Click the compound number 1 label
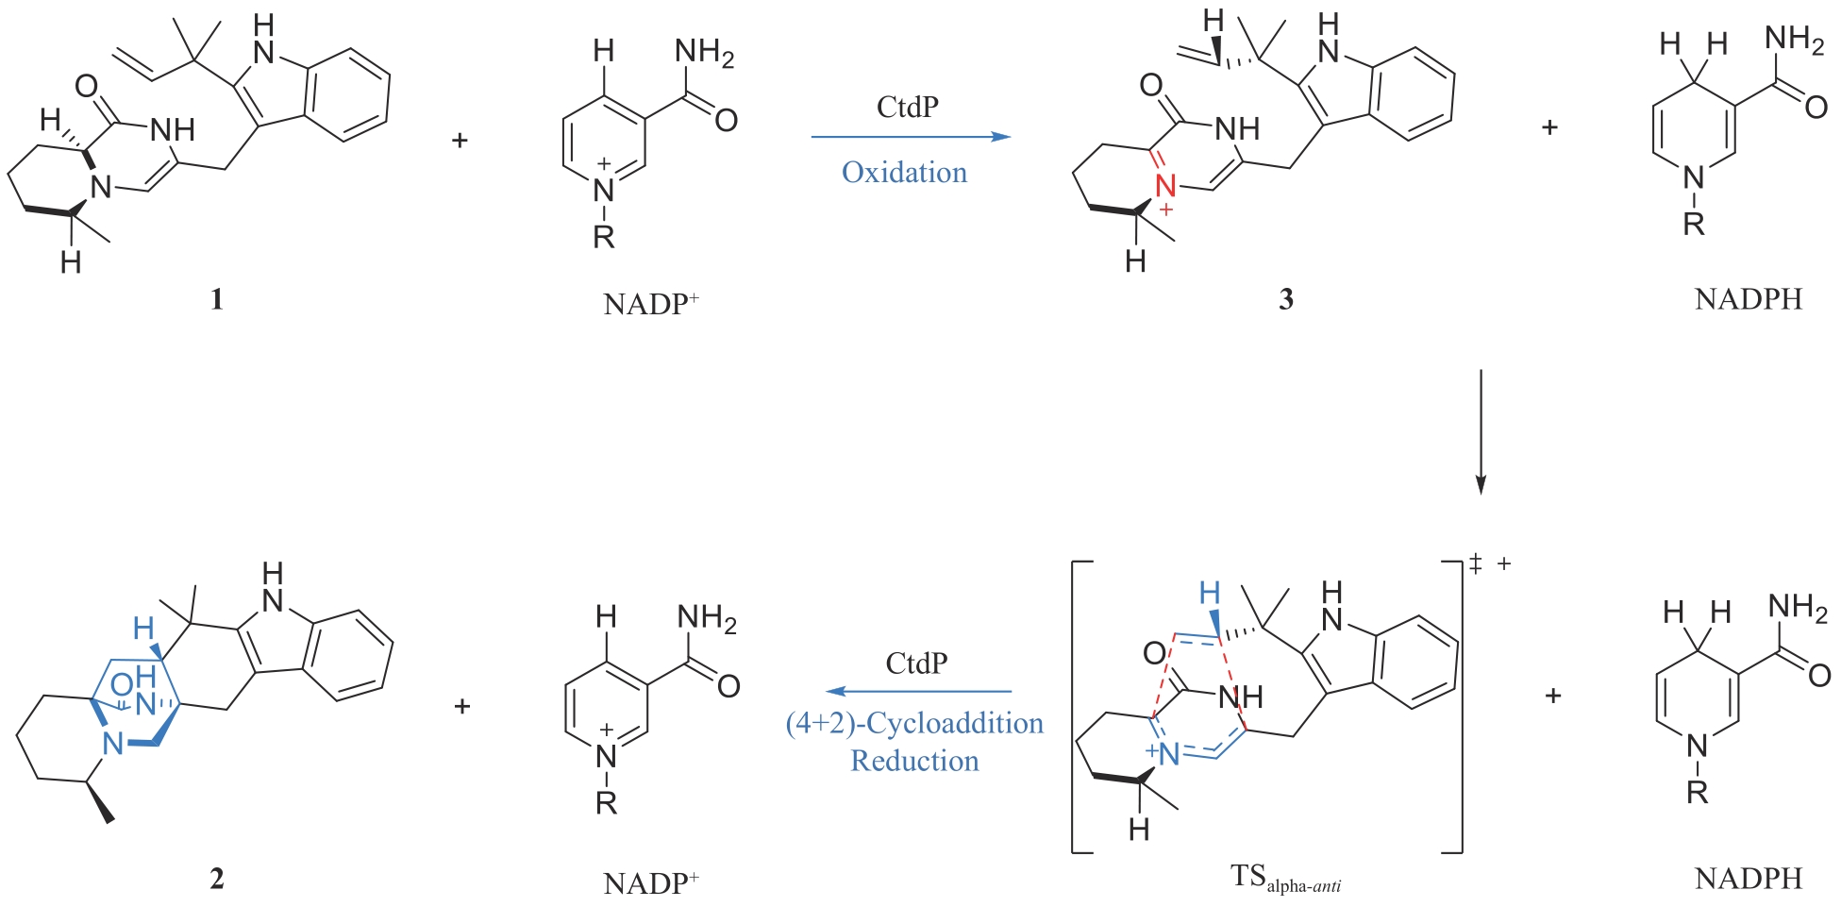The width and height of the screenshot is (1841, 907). [217, 299]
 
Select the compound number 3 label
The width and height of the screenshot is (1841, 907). [1285, 299]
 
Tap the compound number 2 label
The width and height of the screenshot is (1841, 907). [217, 879]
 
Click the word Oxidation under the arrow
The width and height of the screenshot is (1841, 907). [904, 173]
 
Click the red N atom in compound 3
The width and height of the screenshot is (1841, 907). [1166, 186]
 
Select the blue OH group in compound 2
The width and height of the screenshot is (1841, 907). [134, 678]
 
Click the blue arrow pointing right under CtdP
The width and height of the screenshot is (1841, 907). [911, 137]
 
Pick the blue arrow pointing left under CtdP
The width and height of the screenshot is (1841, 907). [918, 692]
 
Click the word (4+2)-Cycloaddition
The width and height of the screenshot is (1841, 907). [914, 724]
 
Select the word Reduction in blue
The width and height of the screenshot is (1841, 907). [914, 761]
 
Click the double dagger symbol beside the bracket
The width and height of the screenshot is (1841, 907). [1476, 564]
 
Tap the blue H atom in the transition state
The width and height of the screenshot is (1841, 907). [1209, 593]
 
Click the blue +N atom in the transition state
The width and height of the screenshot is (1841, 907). [1164, 753]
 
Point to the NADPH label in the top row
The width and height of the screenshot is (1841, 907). [1748, 299]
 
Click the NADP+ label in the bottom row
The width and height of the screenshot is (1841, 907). [650, 883]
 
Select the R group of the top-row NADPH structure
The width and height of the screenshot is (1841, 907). [1694, 225]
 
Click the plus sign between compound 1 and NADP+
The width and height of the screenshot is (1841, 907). [460, 141]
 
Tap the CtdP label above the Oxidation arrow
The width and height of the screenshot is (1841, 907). [907, 108]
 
